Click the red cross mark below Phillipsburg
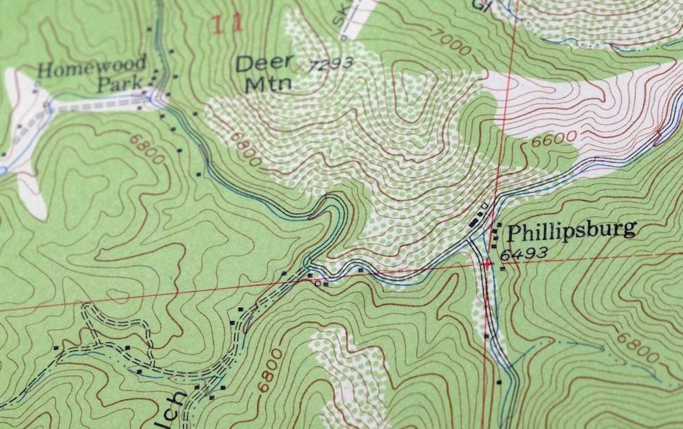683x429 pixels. (x=487, y=263)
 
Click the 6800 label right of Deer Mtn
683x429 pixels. (x=246, y=148)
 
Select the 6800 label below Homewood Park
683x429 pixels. (x=147, y=149)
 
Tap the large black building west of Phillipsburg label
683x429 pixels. (x=474, y=222)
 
